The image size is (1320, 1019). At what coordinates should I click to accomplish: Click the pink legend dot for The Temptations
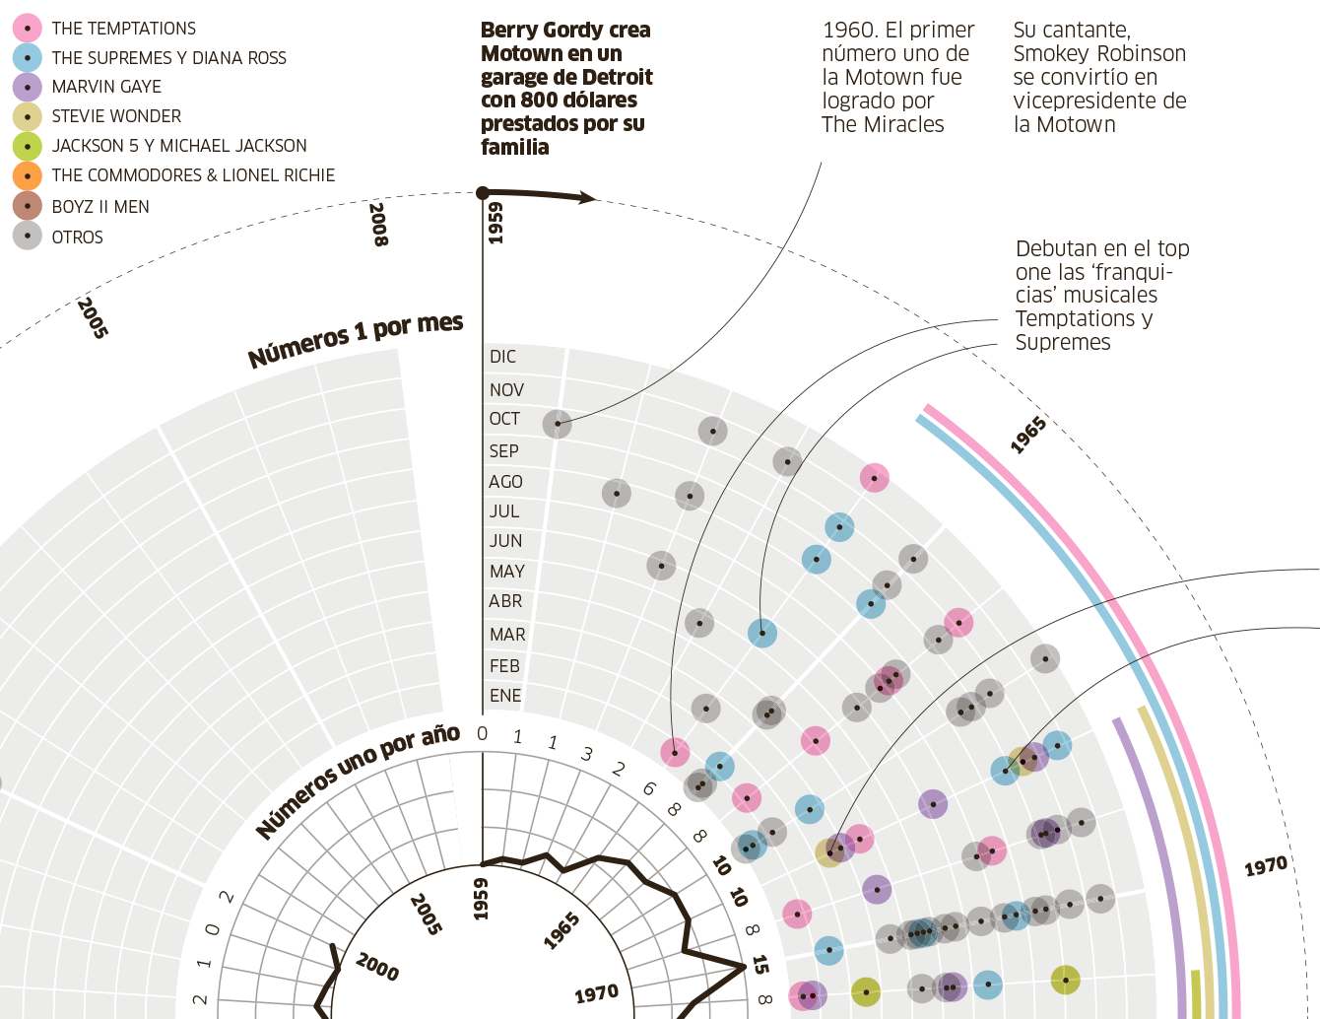27,29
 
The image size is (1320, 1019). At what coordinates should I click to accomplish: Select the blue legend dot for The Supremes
27,58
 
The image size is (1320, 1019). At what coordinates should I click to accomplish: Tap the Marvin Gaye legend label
106,87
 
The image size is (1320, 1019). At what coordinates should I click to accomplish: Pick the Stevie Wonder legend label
116,116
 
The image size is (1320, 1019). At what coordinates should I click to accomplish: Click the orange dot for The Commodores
27,176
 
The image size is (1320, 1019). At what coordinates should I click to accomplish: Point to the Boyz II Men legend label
100,207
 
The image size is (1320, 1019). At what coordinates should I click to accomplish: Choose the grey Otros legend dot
27,237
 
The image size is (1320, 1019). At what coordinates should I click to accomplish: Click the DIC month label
502,357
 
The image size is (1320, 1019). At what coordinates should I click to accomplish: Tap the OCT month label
504,419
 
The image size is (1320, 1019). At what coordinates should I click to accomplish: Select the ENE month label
505,696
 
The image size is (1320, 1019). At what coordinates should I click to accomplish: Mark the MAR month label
507,635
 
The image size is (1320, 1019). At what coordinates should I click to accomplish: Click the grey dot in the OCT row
557,424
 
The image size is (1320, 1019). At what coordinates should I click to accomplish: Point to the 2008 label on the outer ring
378,224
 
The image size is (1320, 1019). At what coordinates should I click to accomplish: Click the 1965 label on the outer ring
1027,435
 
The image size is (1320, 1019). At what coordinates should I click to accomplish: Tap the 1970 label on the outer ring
1265,866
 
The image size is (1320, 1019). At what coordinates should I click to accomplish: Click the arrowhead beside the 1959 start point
588,197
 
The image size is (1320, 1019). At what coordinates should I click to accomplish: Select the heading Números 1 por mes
355,340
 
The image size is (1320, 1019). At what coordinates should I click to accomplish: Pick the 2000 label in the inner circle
377,966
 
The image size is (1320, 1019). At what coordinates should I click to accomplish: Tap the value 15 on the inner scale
759,964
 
